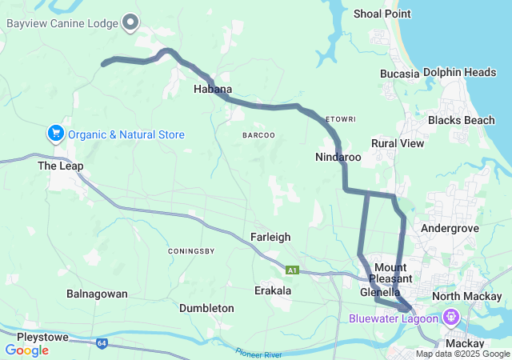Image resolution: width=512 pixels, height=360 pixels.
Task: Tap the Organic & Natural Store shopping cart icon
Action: click(x=55, y=133)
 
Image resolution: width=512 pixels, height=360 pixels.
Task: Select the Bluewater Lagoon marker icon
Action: click(x=452, y=318)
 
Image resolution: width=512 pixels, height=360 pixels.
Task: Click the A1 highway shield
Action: click(x=293, y=270)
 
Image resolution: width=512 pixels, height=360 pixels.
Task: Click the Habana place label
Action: click(x=213, y=89)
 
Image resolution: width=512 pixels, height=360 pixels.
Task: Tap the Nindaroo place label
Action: click(x=338, y=158)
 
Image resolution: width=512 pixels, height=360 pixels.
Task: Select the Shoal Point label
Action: click(x=382, y=14)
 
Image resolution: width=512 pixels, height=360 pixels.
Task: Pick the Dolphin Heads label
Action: click(x=460, y=73)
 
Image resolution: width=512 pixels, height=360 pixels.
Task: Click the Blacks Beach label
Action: click(x=461, y=120)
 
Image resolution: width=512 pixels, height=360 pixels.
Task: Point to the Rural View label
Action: click(x=397, y=143)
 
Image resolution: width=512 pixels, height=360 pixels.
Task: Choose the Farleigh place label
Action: click(x=270, y=238)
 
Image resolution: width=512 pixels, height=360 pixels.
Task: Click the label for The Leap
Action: click(x=61, y=166)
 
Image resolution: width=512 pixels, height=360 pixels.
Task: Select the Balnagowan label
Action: click(x=97, y=294)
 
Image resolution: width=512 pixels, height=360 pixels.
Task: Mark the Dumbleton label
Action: click(x=206, y=308)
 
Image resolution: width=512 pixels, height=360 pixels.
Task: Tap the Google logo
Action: click(x=26, y=350)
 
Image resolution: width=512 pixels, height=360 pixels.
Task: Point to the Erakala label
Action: click(x=273, y=290)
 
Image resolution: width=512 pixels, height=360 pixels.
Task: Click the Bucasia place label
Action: click(x=400, y=74)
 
